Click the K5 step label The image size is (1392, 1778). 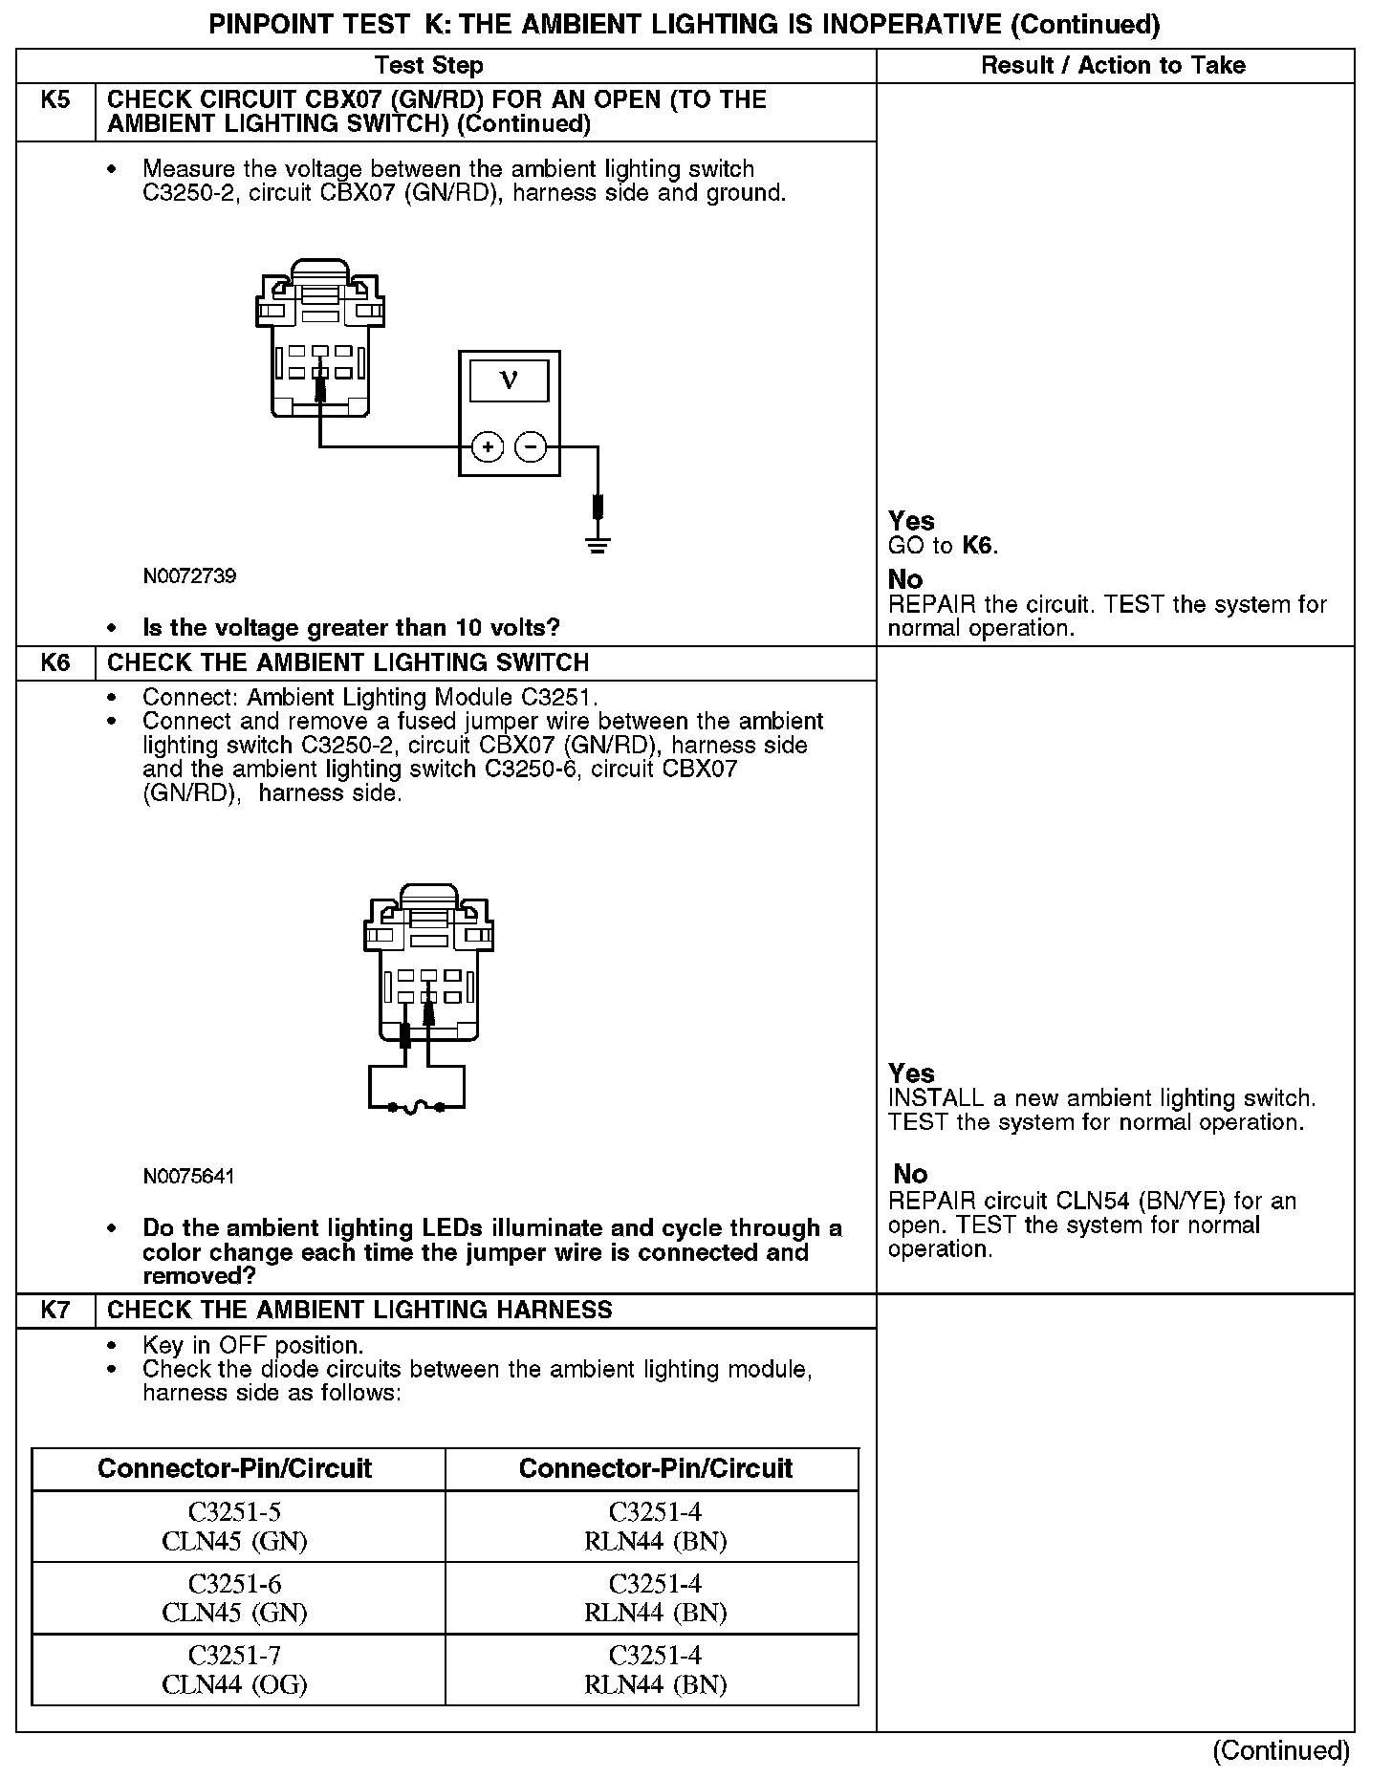[55, 100]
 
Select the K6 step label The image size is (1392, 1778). [55, 662]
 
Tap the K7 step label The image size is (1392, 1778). [55, 1310]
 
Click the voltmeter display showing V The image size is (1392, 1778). [509, 380]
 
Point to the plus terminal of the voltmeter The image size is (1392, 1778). [488, 446]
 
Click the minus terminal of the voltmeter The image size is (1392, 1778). [532, 446]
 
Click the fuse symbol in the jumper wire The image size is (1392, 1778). [417, 1108]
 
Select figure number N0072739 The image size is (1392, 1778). [189, 576]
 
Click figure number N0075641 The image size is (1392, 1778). [188, 1176]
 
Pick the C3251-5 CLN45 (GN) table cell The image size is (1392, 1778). [235, 1526]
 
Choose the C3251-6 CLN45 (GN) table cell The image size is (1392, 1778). [235, 1597]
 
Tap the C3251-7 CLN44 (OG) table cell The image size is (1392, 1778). [235, 1669]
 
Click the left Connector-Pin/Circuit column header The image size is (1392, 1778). [235, 1468]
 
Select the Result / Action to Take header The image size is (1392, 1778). [1114, 65]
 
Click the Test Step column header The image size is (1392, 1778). [429, 65]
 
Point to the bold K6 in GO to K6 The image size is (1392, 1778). [977, 546]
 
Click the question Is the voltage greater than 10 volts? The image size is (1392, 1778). [351, 628]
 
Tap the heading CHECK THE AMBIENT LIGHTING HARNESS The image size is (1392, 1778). [359, 1310]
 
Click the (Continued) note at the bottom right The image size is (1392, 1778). [1281, 1750]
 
